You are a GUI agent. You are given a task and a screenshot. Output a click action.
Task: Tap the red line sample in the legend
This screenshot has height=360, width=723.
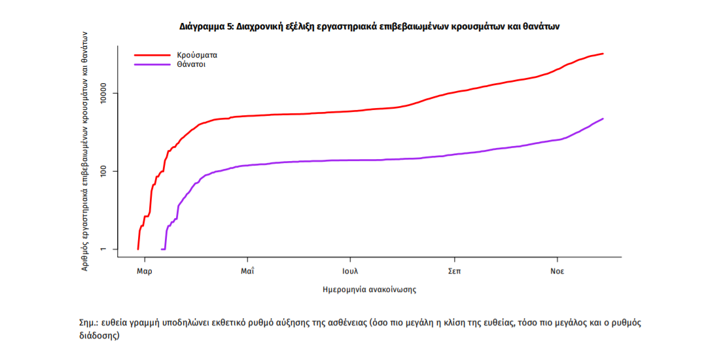click(x=152, y=55)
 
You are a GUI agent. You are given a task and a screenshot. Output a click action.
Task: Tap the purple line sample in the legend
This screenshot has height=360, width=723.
click(x=152, y=65)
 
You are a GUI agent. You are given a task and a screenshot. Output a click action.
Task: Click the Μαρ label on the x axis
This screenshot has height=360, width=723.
click(x=144, y=271)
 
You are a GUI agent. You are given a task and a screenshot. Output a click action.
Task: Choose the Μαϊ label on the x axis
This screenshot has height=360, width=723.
click(x=247, y=271)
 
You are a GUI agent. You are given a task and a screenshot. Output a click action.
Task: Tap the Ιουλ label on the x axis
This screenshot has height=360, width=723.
click(x=350, y=271)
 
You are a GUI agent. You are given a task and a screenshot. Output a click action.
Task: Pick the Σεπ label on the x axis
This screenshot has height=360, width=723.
click(x=453, y=271)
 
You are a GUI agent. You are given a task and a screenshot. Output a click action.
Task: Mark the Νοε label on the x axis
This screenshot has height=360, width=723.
click(x=557, y=271)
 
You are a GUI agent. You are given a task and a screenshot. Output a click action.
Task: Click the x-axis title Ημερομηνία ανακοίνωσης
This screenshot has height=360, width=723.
click(x=370, y=289)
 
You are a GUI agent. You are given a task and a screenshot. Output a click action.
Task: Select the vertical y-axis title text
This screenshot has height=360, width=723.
click(x=85, y=151)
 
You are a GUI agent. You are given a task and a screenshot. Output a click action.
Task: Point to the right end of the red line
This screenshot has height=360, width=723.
click(x=603, y=54)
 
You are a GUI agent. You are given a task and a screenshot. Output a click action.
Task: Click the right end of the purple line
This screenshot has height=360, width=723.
click(x=603, y=118)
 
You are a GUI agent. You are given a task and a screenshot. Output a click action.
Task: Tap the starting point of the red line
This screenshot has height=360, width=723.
click(x=137, y=249)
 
